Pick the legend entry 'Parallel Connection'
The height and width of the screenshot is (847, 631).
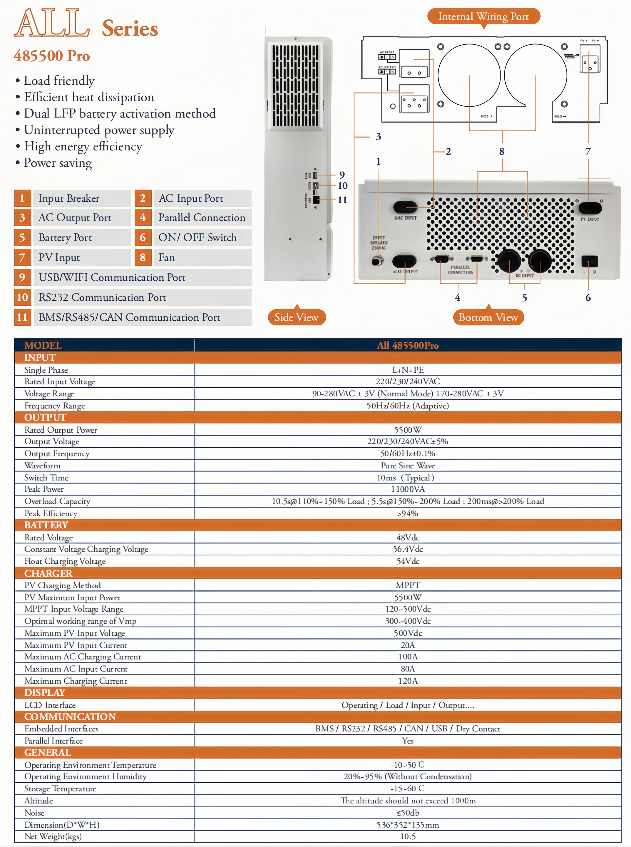click(202, 217)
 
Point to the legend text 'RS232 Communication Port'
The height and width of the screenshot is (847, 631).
click(102, 297)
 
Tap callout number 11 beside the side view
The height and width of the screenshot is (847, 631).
click(342, 200)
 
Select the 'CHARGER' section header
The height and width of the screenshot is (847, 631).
click(48, 573)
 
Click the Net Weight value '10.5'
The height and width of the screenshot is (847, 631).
click(407, 836)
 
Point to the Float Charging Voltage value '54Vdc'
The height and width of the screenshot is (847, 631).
click(407, 561)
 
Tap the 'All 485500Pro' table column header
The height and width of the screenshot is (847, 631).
click(407, 345)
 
